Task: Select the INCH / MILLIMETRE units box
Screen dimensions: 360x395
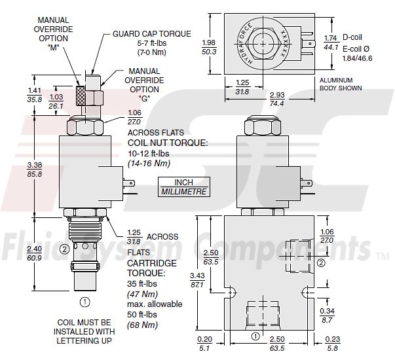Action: pos(183,187)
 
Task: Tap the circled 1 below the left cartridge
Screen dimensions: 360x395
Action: pos(84,302)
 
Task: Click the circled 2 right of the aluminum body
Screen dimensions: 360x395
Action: pos(321,262)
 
